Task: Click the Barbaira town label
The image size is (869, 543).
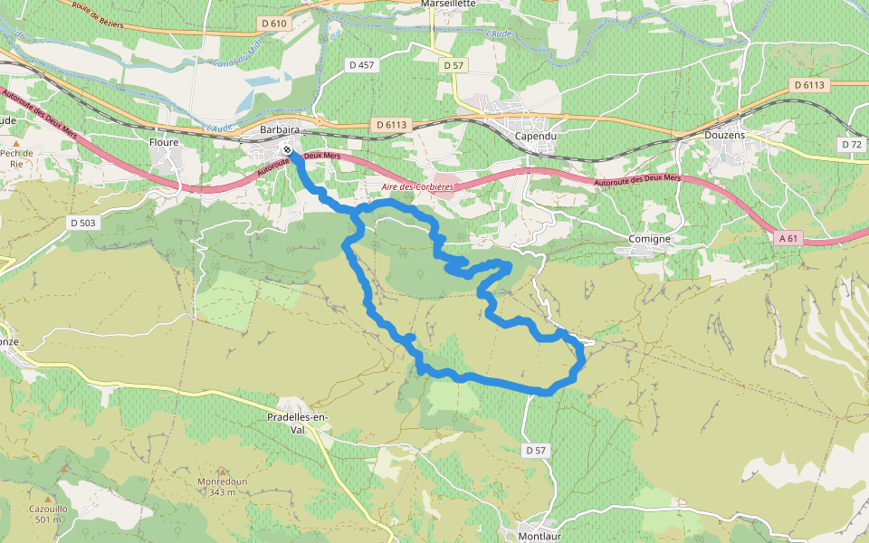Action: coord(280,130)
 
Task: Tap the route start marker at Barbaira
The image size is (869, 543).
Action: coord(287,150)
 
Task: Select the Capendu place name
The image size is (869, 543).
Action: coord(535,136)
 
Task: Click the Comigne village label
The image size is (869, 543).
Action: coord(650,239)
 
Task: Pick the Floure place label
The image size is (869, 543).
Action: coord(164,142)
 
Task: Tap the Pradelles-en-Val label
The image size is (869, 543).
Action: coord(298,417)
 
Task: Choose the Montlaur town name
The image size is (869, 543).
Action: coord(540,536)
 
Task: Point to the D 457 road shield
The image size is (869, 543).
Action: coord(362,65)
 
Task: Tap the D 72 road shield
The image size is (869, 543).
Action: coord(851,144)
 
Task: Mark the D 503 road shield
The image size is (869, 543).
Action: coord(81,222)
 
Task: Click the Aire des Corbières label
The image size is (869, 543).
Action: coord(417,186)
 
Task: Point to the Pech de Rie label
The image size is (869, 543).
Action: coord(16,158)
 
